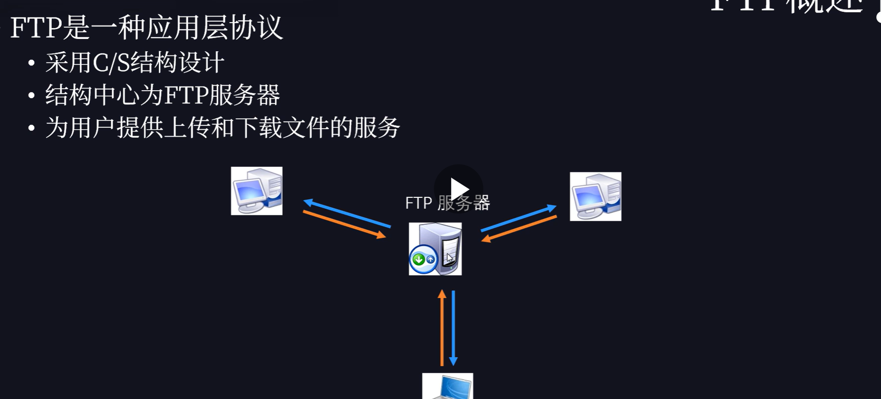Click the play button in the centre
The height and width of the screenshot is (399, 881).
pyautogui.click(x=459, y=189)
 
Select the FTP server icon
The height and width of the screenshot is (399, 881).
pyautogui.click(x=435, y=249)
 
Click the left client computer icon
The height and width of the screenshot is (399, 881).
pyautogui.click(x=257, y=191)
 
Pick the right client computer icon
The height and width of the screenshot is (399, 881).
pyautogui.click(x=595, y=196)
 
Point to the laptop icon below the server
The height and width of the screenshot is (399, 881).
pyautogui.click(x=447, y=386)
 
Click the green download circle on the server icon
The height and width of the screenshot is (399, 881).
pyautogui.click(x=418, y=259)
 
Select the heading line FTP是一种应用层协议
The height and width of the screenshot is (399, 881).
pyautogui.click(x=146, y=27)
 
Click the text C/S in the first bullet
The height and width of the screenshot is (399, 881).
pyautogui.click(x=111, y=63)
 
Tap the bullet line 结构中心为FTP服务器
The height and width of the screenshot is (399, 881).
pyautogui.click(x=162, y=95)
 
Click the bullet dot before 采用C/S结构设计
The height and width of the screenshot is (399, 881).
pyautogui.click(x=32, y=63)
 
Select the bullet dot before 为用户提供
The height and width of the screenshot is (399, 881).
pyautogui.click(x=32, y=128)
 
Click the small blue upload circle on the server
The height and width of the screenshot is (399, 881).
pyautogui.click(x=430, y=259)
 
